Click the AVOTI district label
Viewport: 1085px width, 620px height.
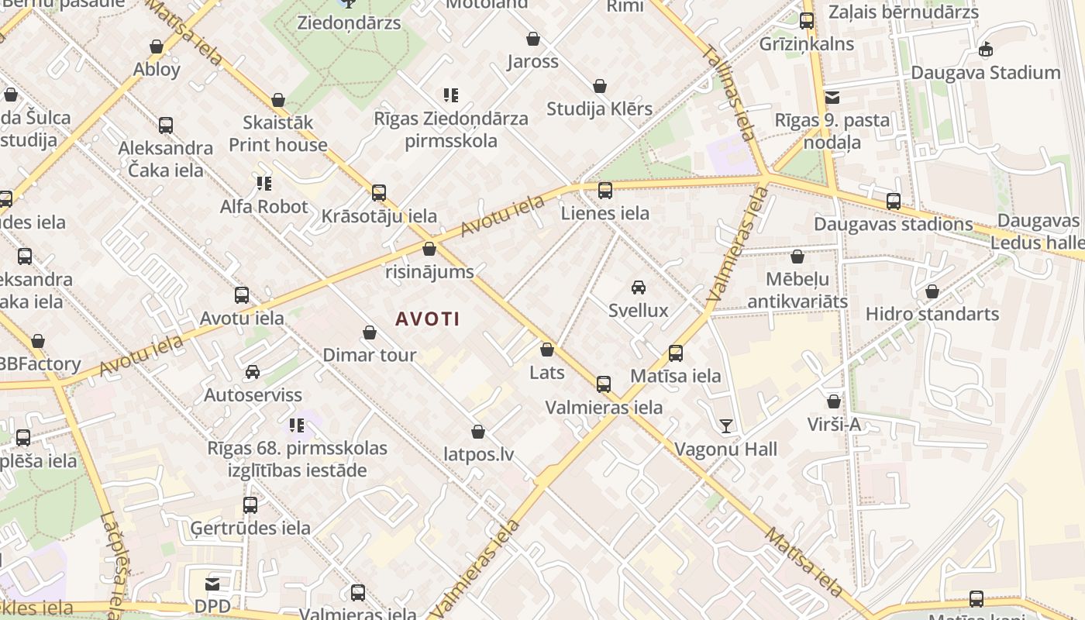click(x=428, y=319)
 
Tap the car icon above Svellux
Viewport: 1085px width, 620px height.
click(x=639, y=288)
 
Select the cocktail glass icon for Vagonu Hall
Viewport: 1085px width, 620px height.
click(x=725, y=425)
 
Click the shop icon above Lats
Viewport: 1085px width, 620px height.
click(x=547, y=350)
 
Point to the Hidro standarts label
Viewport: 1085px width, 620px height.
click(x=932, y=314)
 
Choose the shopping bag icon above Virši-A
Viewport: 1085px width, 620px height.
click(x=834, y=401)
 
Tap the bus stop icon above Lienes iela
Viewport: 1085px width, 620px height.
click(x=605, y=190)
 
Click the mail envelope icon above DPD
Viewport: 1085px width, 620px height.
click(x=212, y=584)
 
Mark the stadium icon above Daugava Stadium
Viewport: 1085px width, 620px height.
click(x=986, y=50)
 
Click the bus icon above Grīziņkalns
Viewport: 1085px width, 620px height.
click(x=807, y=21)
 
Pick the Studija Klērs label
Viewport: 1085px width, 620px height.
click(x=600, y=108)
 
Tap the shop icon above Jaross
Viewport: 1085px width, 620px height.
click(x=533, y=39)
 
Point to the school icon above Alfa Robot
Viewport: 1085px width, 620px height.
click(x=264, y=184)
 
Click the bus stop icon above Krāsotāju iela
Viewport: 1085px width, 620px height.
click(x=379, y=193)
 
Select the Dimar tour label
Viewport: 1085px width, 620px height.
click(x=370, y=355)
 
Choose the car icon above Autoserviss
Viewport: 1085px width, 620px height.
click(x=253, y=372)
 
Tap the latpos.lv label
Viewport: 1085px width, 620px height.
click(x=479, y=454)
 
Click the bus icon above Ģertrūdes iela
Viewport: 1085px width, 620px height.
click(x=250, y=505)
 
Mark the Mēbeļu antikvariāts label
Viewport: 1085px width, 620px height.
click(x=797, y=290)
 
